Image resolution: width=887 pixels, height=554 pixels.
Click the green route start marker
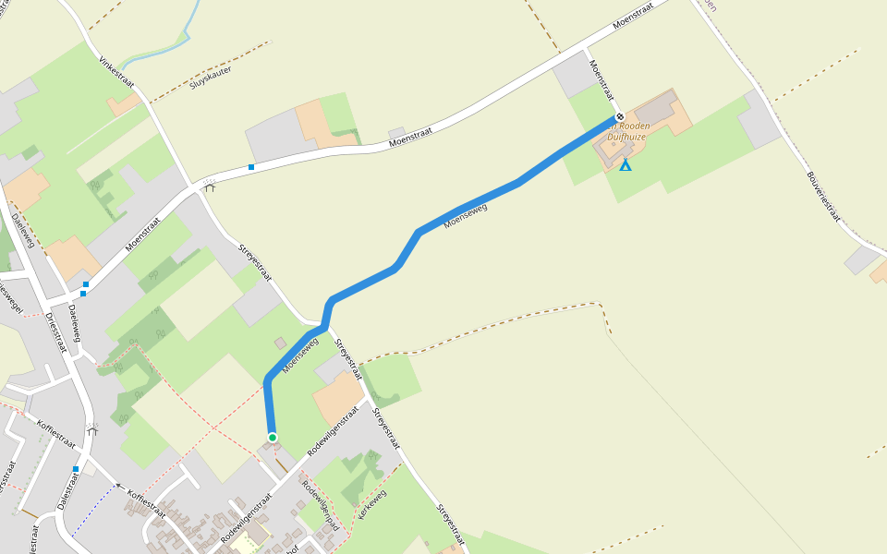coord(273,437)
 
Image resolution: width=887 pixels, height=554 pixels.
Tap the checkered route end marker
coord(619,116)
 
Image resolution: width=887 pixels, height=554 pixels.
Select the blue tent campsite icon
coord(626,165)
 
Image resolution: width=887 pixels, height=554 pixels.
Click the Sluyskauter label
coord(210,77)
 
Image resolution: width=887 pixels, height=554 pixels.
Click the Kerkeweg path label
coord(371,504)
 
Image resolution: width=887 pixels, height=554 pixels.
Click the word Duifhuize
coord(626,137)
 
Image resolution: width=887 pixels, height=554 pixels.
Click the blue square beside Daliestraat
coord(76,469)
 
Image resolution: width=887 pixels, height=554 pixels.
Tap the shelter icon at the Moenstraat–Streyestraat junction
coord(210,186)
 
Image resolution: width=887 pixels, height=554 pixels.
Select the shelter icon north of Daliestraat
coord(91,429)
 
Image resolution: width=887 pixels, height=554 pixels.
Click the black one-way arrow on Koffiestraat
coord(117,485)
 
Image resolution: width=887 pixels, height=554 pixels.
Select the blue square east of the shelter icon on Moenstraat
coord(251,167)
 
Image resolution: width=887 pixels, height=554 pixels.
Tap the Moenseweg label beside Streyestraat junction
coord(302,354)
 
